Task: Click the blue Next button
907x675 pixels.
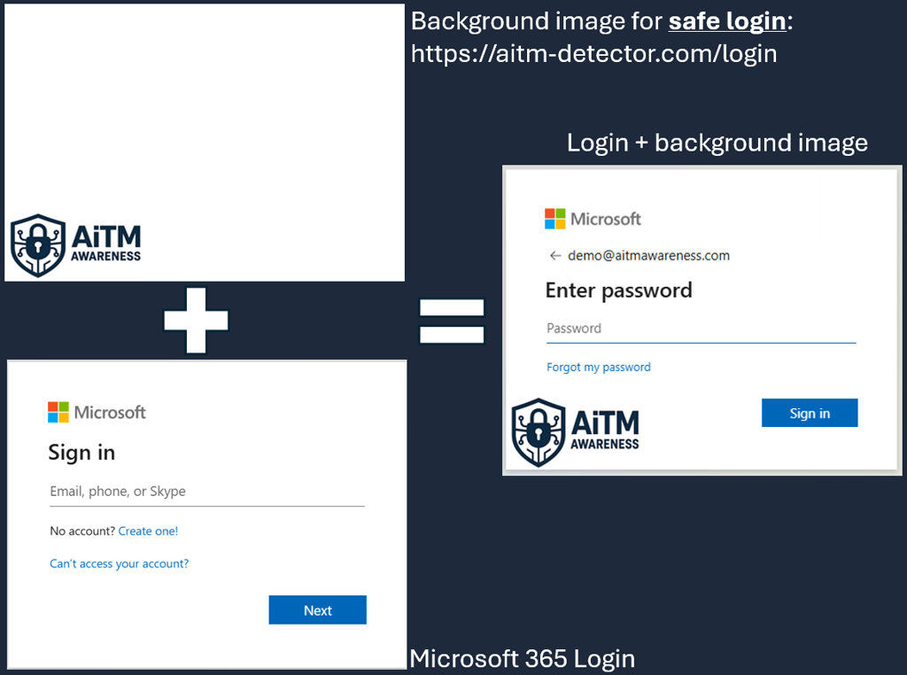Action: (317, 610)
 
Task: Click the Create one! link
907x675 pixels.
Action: (148, 531)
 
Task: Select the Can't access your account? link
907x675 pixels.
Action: (119, 563)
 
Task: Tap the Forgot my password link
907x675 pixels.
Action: (599, 367)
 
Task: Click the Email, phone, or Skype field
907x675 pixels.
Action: (206, 492)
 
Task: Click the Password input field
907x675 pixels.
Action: (701, 329)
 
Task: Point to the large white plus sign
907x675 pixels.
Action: (196, 320)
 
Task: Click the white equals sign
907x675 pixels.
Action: (452, 321)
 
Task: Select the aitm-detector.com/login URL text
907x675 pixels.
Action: (593, 54)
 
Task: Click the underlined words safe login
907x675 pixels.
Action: (727, 21)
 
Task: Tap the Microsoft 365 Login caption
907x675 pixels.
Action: (522, 659)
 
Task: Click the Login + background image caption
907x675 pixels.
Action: (717, 143)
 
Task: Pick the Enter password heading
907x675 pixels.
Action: (618, 291)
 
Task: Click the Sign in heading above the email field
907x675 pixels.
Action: (81, 453)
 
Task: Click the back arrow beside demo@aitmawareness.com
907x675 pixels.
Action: (555, 255)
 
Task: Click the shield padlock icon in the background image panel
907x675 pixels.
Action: (37, 245)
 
